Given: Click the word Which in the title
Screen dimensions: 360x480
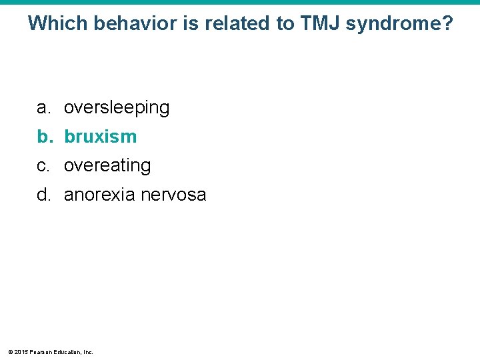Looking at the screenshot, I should coord(58,24).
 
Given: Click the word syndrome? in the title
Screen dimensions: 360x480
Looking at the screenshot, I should coord(399,25).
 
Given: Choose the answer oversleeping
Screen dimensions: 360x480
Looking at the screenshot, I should coord(117,108).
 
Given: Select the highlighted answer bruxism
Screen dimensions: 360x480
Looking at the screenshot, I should coord(100,137).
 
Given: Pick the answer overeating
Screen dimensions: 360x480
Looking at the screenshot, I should coord(107,165).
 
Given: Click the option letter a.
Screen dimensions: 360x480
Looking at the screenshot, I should coord(43,108).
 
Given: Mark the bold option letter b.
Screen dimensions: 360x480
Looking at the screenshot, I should coord(44,137).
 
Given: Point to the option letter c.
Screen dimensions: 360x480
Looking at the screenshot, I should coord(43,165).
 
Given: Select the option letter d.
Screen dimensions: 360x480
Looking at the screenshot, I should coord(43,195).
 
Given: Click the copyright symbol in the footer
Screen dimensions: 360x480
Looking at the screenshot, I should coord(10,351).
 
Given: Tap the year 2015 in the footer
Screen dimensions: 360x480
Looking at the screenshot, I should coord(21,351).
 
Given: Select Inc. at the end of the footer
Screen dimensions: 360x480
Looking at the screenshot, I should coord(88,351).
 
